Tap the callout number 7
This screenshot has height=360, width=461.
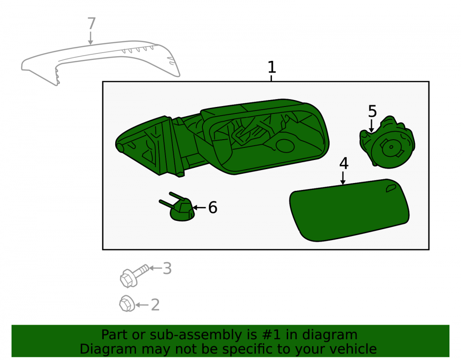(x=91, y=24)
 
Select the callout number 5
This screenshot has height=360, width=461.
(x=372, y=112)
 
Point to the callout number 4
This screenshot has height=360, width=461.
(x=344, y=163)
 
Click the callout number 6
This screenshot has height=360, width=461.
(x=213, y=207)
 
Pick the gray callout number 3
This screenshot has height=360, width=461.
(x=167, y=269)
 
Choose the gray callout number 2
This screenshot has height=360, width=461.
(x=155, y=305)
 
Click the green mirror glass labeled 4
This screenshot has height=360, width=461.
(x=349, y=210)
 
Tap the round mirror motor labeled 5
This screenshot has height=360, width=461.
(x=387, y=142)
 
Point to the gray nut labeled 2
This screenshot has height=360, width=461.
(x=127, y=304)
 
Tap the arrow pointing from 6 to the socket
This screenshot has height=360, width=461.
(x=199, y=207)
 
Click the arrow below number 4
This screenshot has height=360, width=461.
(x=343, y=178)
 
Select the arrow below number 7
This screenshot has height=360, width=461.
(x=90, y=38)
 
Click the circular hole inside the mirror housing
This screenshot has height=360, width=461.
(x=285, y=146)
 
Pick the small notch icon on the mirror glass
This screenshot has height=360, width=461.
(x=391, y=189)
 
